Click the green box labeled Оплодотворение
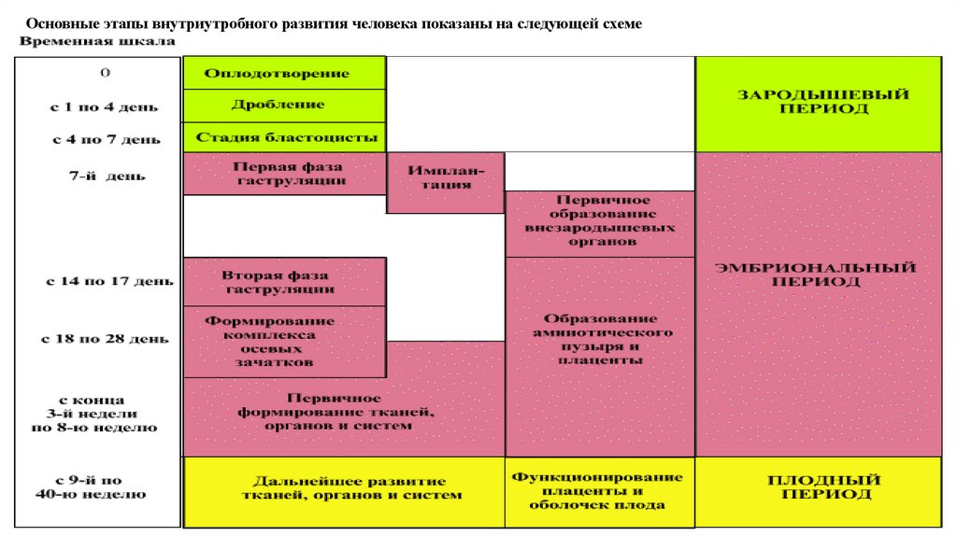284,73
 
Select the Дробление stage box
284,105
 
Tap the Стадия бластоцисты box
284,136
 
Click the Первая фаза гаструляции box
284,173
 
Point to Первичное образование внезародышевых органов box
600,220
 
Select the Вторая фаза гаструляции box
284,282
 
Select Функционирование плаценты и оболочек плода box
600,489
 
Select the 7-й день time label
97,175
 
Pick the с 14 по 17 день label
97,280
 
